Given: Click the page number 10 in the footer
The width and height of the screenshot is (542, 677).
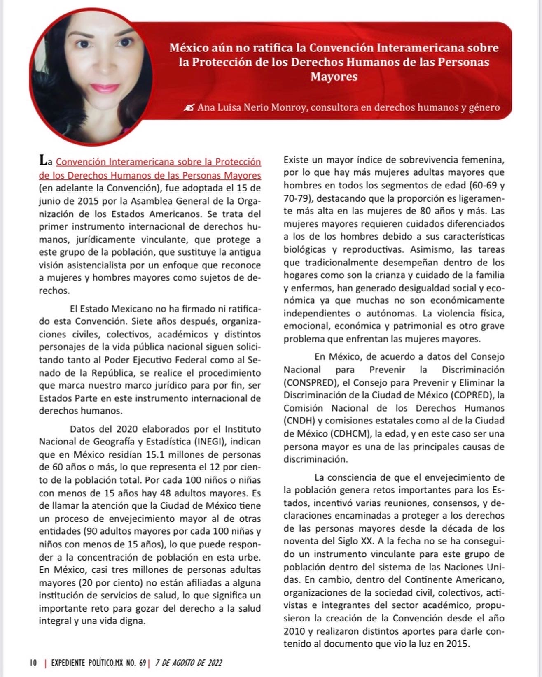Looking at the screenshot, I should click(x=33, y=662).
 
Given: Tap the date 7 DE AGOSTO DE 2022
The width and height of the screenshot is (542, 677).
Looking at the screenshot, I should click(x=189, y=662).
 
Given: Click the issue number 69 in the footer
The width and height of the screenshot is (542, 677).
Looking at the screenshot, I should click(x=143, y=662).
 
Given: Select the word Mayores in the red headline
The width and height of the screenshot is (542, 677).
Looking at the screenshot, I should click(x=334, y=77).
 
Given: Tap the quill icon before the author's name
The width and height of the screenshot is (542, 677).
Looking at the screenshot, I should click(x=189, y=108).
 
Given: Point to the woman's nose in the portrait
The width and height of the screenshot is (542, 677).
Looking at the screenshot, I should click(x=103, y=66).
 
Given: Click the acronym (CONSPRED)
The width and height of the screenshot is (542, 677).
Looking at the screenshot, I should click(x=309, y=382).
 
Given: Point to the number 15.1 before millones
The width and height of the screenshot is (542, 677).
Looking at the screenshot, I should click(x=156, y=455).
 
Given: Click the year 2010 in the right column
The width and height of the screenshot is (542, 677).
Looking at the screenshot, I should click(x=294, y=631).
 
